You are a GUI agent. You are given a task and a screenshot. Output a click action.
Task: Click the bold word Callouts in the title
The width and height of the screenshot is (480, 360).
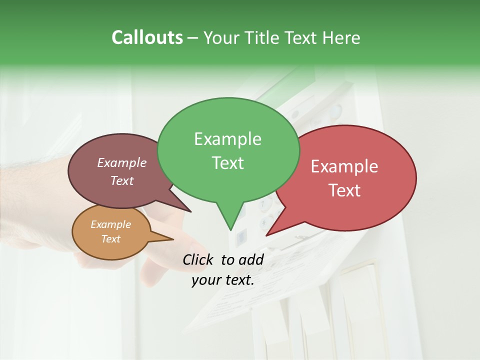(147, 37)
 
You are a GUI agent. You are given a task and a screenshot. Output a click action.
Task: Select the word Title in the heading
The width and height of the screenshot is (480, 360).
(263, 37)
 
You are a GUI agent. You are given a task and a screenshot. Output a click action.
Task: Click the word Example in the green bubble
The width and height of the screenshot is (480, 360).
(227, 139)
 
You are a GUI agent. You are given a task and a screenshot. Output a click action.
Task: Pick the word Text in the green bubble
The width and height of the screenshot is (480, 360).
(227, 163)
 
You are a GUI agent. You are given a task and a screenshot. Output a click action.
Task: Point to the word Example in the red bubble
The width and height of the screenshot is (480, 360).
(344, 166)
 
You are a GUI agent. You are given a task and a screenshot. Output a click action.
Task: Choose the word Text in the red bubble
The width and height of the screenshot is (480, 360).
(345, 190)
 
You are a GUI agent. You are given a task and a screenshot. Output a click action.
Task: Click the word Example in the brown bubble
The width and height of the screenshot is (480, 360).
(122, 162)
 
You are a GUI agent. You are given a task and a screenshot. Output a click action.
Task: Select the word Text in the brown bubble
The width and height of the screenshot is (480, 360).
(122, 180)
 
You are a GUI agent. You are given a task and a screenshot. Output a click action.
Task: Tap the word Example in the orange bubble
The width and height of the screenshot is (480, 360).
(110, 224)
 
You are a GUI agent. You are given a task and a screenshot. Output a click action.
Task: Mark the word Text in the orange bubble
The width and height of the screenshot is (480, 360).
(110, 239)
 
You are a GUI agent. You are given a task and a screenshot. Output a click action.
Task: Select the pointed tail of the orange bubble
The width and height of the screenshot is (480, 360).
(170, 239)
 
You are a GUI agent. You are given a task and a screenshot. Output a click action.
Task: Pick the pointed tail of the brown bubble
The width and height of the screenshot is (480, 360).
(187, 210)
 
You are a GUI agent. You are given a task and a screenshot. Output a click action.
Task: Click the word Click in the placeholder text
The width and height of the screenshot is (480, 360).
(198, 259)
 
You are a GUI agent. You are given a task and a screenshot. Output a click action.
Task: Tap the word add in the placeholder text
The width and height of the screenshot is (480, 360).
(251, 259)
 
